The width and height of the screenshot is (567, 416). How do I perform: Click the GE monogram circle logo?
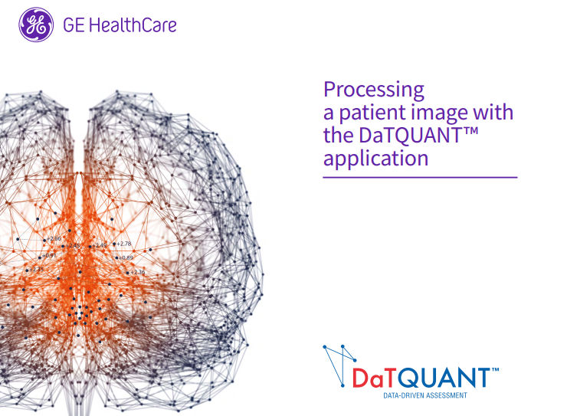click(x=36, y=25)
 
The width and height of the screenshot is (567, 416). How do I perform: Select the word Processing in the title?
click(x=373, y=90)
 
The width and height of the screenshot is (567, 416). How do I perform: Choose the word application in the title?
click(x=375, y=159)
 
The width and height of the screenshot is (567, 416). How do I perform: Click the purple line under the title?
click(x=420, y=177)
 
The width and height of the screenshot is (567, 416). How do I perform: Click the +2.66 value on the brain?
click(x=54, y=239)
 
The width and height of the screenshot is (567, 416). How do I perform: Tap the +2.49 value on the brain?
click(x=100, y=246)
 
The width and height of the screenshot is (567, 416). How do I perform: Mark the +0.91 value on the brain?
click(x=48, y=255)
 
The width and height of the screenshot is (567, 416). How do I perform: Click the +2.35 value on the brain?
click(x=36, y=270)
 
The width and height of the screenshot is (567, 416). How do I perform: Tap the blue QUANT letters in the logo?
click(x=447, y=378)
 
